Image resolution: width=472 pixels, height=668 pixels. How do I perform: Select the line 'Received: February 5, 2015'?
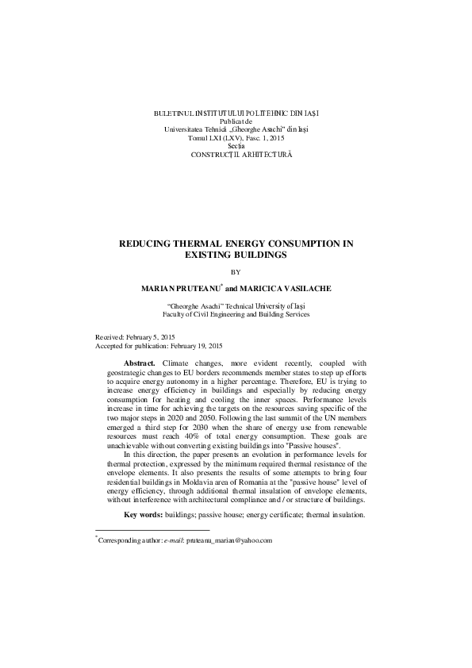tap(140, 337)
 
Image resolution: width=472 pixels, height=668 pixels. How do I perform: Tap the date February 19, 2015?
tap(196, 346)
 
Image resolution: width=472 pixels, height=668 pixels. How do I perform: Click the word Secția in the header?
tap(236, 146)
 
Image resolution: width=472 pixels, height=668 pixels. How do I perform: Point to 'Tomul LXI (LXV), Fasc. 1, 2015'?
tap(236, 137)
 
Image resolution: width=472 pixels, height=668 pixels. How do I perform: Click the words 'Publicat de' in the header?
tap(236, 121)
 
